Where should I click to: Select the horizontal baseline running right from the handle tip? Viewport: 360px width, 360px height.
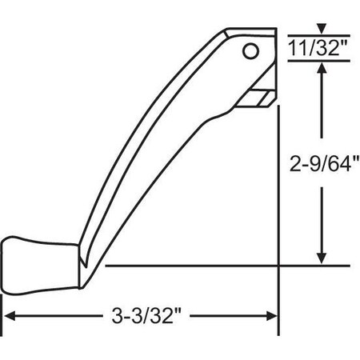[224, 264]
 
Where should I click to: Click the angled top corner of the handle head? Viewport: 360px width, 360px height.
[225, 33]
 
